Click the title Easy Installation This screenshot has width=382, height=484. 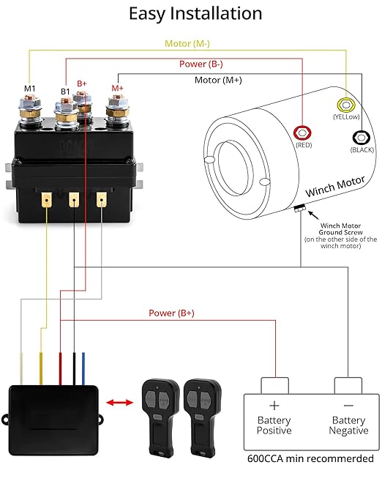click(195, 14)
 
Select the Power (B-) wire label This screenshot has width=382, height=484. click(202, 64)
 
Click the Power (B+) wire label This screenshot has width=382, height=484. click(171, 313)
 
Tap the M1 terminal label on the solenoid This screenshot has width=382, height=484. click(30, 89)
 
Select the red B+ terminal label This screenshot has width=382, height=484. click(83, 84)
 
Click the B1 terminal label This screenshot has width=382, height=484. click(65, 92)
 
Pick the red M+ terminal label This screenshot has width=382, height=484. click(117, 89)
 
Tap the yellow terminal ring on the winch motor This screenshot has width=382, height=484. click(343, 105)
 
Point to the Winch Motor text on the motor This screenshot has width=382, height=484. click(331, 186)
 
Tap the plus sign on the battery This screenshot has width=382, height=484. click(274, 405)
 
